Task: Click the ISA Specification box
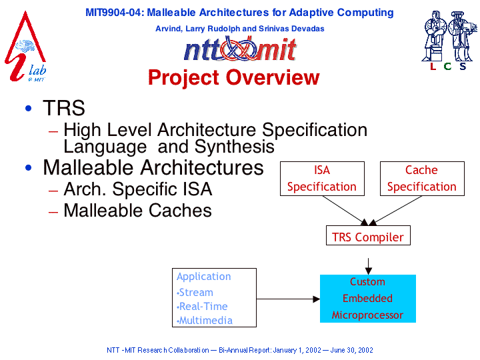coord(322,179)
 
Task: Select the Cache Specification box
coord(422,179)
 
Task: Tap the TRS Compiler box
coord(368,235)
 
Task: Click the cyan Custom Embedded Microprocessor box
coord(367,299)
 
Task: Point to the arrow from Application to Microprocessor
coord(288,299)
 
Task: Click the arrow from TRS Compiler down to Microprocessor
coord(369,266)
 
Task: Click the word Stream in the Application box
coord(196,293)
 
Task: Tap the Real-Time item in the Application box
coord(203,307)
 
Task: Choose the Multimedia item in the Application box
coord(206,321)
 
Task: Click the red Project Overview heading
coord(234,77)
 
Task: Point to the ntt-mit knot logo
coord(240,49)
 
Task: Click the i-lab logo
coord(26,47)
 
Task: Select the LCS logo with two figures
coord(449,40)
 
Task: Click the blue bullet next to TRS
coord(29,108)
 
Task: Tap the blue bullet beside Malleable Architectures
coord(29,168)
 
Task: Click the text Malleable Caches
coord(138,210)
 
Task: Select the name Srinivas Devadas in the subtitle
coord(291,29)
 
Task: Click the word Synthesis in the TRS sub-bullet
coord(235,147)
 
